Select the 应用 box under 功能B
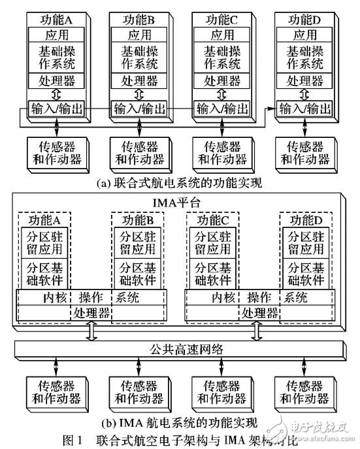point(139,34)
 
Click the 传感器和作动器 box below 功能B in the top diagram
point(139,152)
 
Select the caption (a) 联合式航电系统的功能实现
point(178,184)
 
